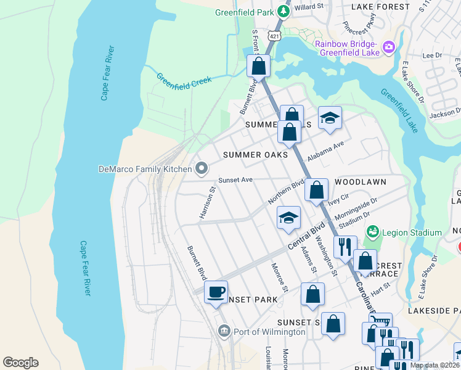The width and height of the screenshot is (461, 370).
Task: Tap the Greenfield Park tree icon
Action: (x=283, y=10)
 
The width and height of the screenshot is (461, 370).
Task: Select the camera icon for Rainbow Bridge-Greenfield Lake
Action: (x=388, y=46)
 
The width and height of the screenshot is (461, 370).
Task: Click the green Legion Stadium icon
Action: (x=372, y=232)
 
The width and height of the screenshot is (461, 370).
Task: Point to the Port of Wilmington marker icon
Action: (x=223, y=332)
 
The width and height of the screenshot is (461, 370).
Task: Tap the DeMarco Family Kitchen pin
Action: (x=202, y=168)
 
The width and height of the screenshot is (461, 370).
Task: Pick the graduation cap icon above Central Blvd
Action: (x=288, y=218)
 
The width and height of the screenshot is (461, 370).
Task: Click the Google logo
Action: (x=20, y=363)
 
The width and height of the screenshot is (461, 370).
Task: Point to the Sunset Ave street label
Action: (x=235, y=181)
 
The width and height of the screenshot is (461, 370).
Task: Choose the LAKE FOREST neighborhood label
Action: (x=380, y=7)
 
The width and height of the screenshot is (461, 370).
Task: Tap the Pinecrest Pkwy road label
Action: (x=359, y=29)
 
